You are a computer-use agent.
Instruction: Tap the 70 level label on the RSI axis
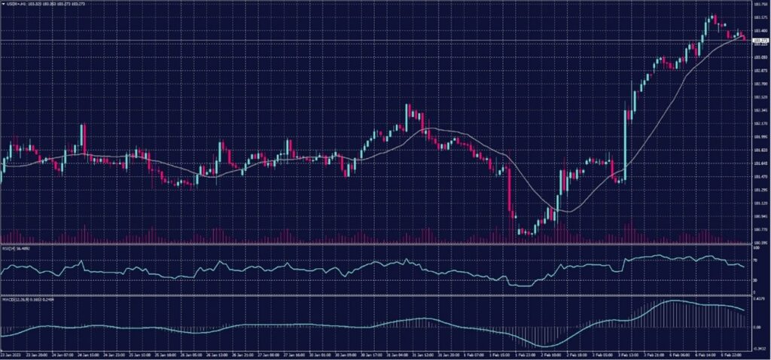(x=754, y=260)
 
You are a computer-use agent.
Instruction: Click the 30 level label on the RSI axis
(x=754, y=279)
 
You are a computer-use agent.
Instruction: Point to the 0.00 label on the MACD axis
(x=756, y=327)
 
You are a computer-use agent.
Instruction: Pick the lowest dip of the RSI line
(x=520, y=285)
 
